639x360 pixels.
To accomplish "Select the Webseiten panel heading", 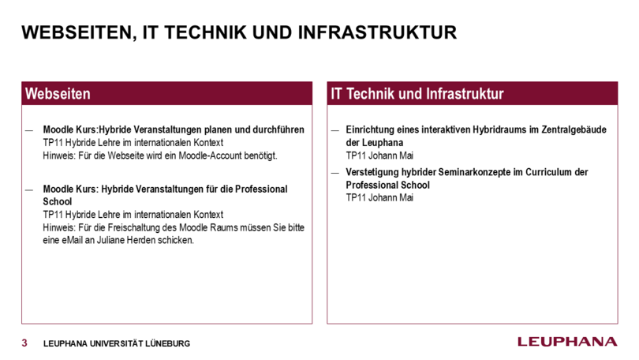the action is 58,94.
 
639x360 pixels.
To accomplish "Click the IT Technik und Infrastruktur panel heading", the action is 417,94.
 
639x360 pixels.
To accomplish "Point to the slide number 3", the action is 24,343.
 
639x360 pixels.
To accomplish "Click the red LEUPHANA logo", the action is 567,342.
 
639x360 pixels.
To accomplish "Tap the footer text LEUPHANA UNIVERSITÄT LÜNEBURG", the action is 117,343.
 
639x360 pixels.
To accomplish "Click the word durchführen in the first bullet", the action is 278,129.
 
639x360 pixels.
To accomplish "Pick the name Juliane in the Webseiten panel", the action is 110,240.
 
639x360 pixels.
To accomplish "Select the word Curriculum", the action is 548,172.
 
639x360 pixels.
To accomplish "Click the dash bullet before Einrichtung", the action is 335,130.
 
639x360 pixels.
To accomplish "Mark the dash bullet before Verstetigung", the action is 335,173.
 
